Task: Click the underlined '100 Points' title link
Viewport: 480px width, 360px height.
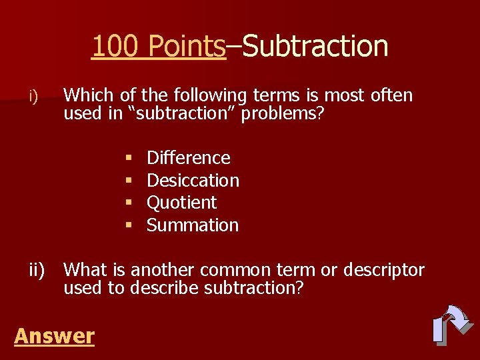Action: pos(159,47)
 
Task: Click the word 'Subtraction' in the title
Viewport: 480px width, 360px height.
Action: pos(315,47)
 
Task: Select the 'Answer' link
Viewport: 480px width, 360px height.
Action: pos(54,336)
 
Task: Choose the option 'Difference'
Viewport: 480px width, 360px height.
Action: pos(188,158)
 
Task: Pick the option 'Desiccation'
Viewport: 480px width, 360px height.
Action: pos(193,181)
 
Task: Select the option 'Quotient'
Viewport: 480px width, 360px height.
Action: pos(181,203)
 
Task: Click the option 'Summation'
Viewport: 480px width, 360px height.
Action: pos(192,225)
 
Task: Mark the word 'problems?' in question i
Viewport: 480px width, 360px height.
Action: pos(283,114)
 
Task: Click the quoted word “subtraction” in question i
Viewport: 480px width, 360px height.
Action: pos(182,113)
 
